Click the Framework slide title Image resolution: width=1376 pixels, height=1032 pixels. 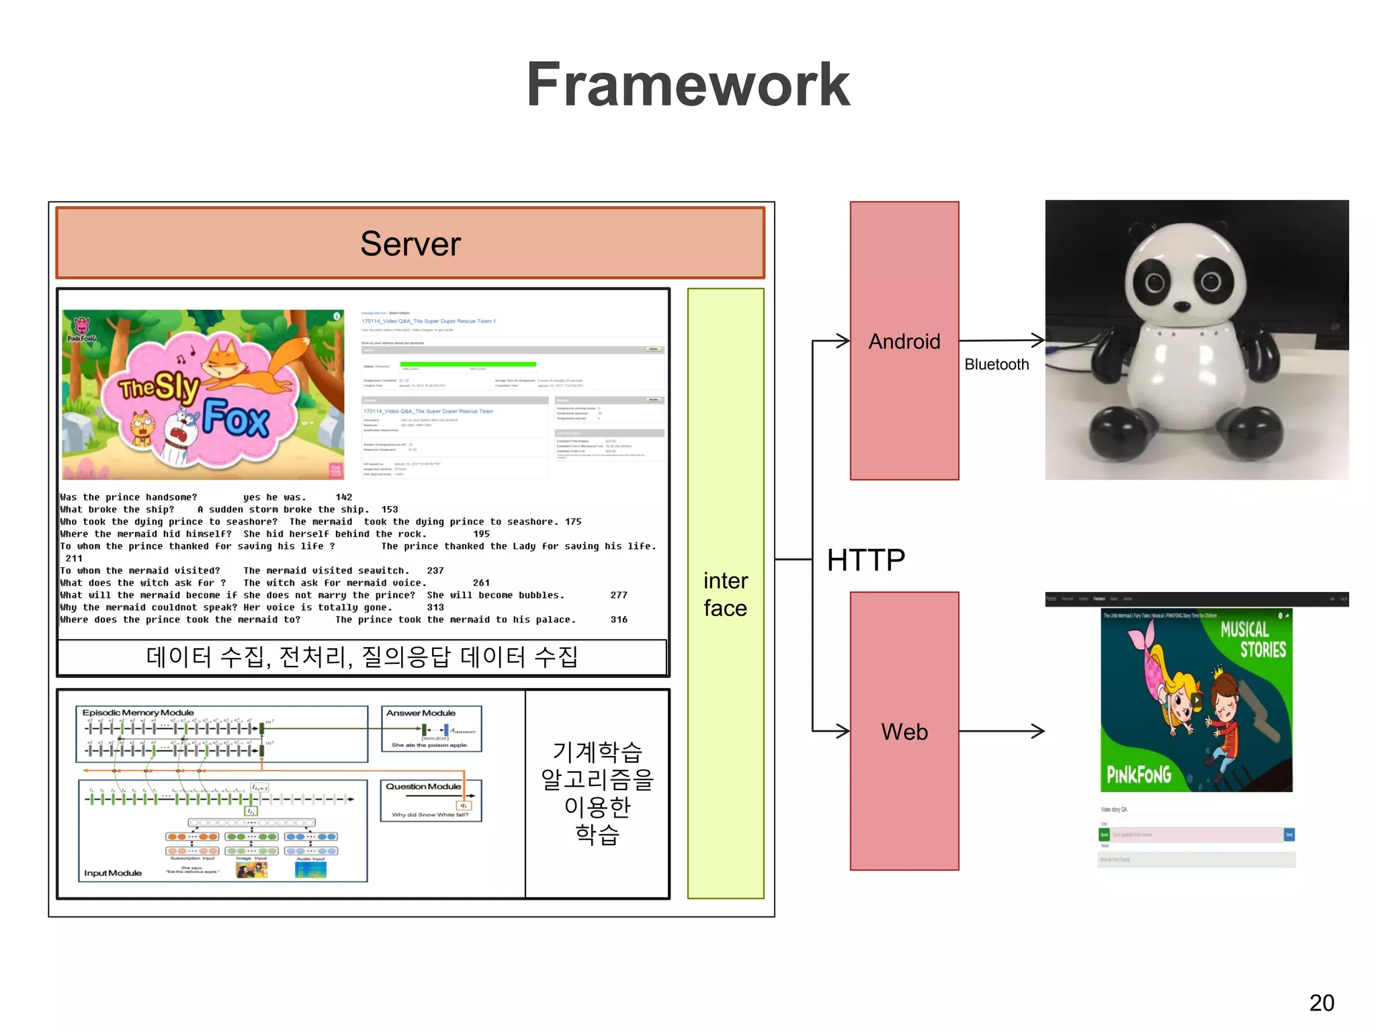point(688,85)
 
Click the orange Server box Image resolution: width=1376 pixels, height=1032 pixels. point(410,243)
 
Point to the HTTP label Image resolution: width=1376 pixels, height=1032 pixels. point(866,560)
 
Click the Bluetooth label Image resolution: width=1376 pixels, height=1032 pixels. point(996,364)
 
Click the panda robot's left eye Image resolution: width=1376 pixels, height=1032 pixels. point(1154,282)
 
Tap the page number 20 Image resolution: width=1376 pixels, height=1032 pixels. point(1321,1002)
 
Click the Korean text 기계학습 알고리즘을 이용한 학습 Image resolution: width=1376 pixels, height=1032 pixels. point(597,793)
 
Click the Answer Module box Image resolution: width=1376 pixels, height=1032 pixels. point(431,728)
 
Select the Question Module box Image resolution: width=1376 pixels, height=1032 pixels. point(431,800)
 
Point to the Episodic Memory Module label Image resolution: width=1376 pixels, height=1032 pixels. point(138,712)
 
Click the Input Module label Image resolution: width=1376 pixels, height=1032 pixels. point(113,873)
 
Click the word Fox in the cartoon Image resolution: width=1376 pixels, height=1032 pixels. point(236,418)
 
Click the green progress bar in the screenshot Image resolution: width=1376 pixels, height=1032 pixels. point(468,365)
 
